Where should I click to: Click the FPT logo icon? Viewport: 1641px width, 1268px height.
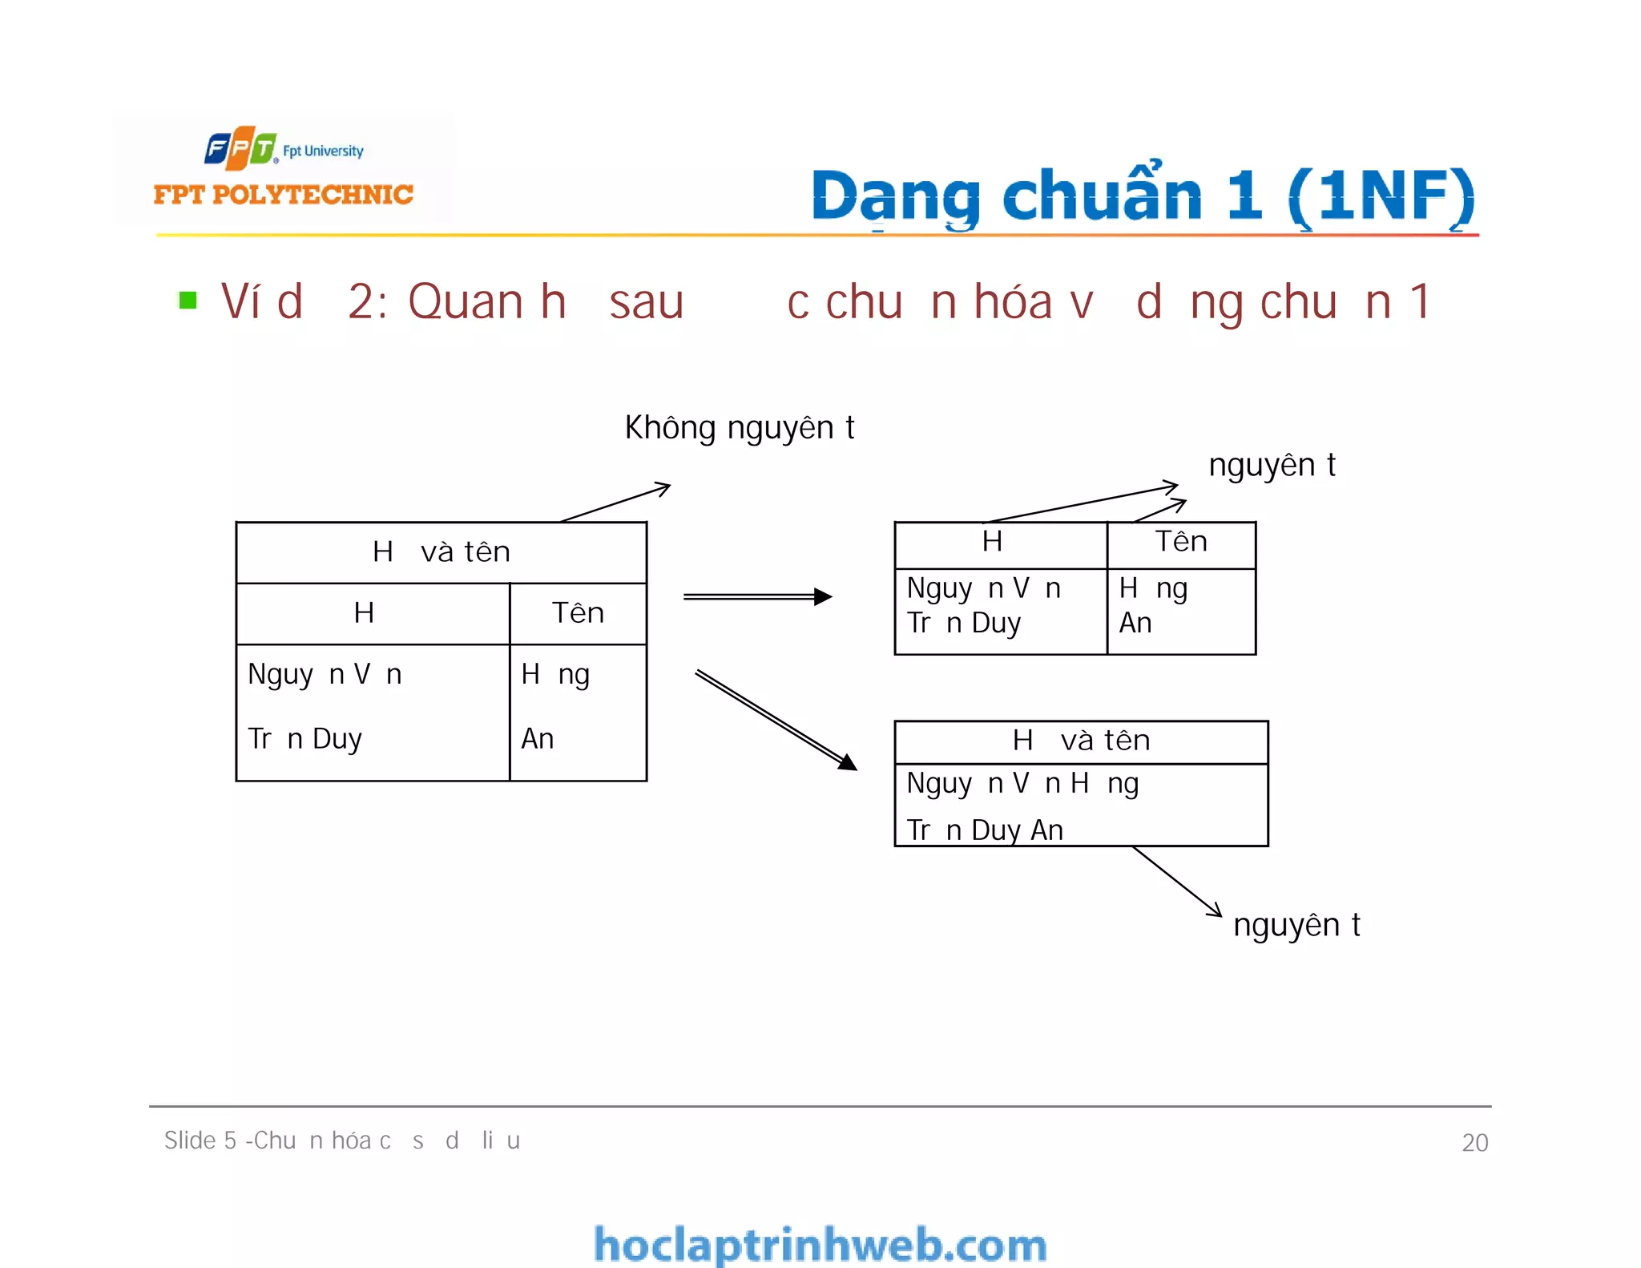(240, 148)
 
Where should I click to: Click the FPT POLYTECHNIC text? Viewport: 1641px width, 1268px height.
(283, 195)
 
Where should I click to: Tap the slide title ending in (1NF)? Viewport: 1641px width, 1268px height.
(1143, 196)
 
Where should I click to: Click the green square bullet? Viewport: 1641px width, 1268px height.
(188, 301)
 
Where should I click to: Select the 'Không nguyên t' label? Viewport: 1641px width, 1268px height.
(739, 428)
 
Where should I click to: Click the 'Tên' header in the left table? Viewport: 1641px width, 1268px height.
(578, 613)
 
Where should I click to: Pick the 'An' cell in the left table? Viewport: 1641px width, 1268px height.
(538, 738)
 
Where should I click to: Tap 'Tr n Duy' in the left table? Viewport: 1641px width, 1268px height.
(305, 738)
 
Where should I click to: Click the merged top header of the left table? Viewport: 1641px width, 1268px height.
(441, 552)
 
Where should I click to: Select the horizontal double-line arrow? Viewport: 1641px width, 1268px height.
(757, 596)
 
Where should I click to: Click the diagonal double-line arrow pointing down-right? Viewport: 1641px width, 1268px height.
(775, 719)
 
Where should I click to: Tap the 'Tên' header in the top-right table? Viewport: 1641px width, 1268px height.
(1181, 543)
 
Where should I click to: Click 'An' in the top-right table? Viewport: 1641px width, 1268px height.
(1135, 624)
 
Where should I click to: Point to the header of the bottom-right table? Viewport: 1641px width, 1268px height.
(1081, 741)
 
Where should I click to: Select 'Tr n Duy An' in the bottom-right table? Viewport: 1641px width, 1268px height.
(985, 830)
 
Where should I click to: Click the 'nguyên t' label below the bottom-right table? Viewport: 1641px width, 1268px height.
(1296, 926)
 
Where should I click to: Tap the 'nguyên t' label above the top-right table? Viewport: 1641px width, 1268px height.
(1272, 466)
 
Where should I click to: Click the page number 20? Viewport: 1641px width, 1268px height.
(1474, 1142)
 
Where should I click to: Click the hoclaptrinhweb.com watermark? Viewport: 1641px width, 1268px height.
(820, 1245)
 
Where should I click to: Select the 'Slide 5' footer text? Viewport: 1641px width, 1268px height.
(342, 1141)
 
